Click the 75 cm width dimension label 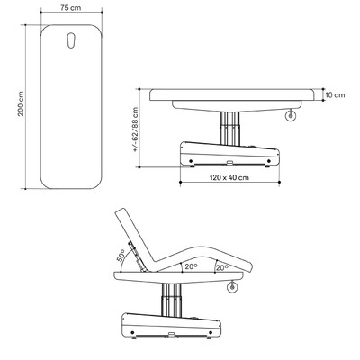click(x=71, y=8)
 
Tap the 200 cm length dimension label click(x=21, y=103)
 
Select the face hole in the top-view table click(x=71, y=40)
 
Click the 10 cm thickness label click(x=335, y=95)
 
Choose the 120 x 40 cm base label click(x=229, y=177)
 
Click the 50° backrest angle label click(x=121, y=256)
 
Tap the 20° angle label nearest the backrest click(x=191, y=266)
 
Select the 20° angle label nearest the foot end click(x=222, y=267)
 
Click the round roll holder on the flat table click(x=291, y=115)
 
